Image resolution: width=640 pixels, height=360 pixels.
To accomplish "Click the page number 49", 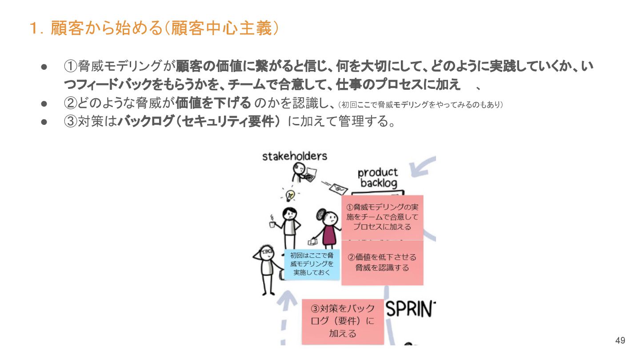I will tap(620, 341).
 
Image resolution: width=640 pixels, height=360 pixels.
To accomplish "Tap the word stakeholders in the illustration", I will tap(294, 156).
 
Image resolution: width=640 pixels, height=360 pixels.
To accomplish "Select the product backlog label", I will tap(378, 178).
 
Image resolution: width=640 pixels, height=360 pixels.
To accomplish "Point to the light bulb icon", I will tap(290, 195).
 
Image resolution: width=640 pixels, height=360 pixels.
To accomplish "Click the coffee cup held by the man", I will tap(272, 224).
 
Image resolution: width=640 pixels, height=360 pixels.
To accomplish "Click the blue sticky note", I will tap(312, 264).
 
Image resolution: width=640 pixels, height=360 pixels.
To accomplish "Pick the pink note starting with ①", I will tap(382, 217).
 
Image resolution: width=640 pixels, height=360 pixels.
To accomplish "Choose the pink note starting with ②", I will tap(382, 263).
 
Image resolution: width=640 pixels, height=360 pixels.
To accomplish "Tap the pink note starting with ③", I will tap(342, 321).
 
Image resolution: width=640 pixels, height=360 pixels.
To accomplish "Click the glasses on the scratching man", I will tap(267, 252).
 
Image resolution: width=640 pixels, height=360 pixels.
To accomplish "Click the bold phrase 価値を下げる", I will tap(214, 103).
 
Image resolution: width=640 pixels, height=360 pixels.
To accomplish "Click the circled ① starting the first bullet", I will tap(71, 67).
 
